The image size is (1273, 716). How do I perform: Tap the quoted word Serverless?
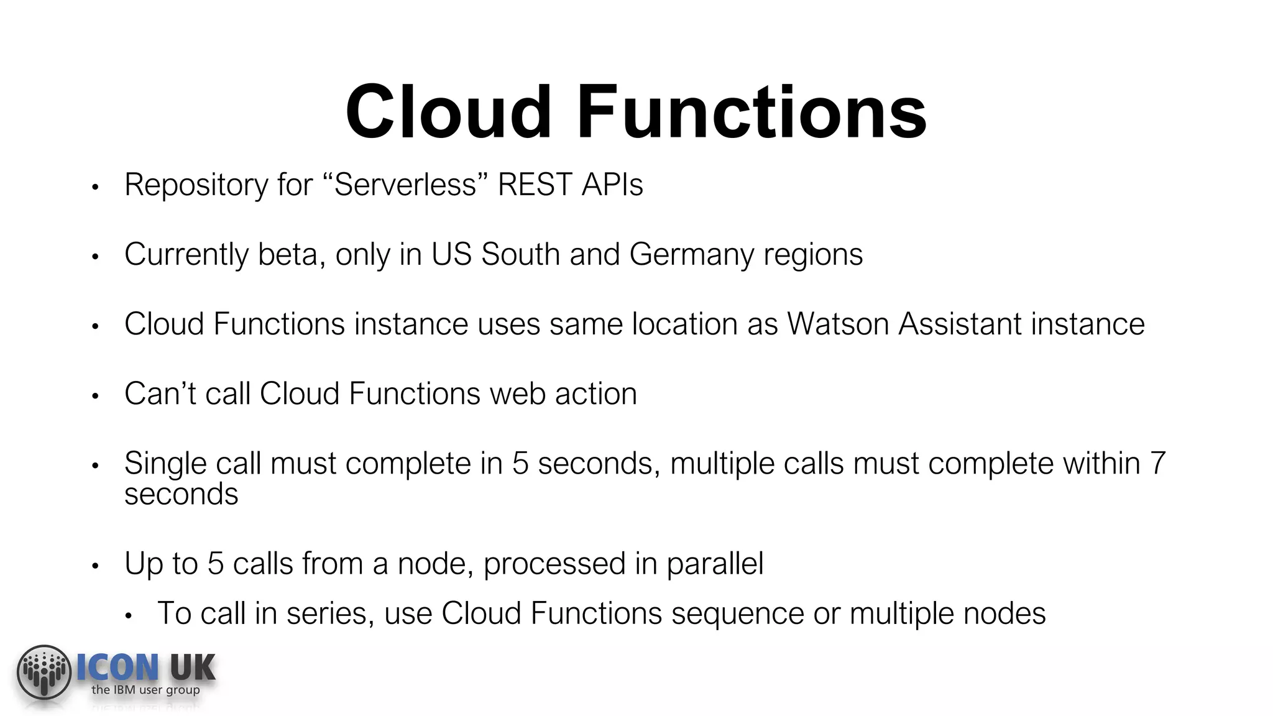tap(405, 185)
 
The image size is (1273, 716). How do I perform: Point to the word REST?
tap(534, 185)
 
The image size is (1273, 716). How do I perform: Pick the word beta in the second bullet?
tap(288, 254)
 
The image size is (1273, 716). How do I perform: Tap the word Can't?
tap(160, 393)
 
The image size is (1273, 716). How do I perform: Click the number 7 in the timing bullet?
tap(1157, 464)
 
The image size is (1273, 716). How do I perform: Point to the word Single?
tap(165, 464)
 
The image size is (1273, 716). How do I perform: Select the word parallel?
tap(715, 564)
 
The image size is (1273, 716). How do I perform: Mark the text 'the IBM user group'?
tap(145, 690)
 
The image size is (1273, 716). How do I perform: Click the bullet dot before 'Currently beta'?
tap(95, 256)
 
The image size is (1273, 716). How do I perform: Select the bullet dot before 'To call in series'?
tap(129, 616)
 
